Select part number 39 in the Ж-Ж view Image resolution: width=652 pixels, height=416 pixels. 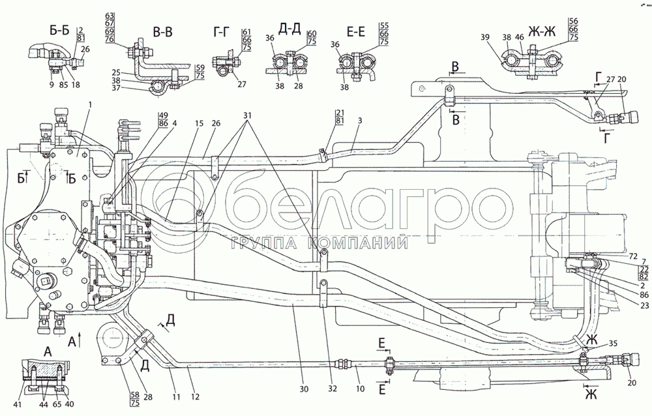[x=485, y=38]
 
